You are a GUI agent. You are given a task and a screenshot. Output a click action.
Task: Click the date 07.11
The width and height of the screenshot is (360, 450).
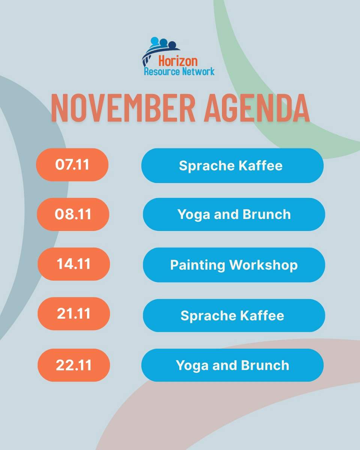[x=72, y=165]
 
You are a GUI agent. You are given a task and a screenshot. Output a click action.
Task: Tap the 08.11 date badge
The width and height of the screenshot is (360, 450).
[x=73, y=214]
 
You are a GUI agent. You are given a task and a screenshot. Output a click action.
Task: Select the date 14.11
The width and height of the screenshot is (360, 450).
[x=73, y=264]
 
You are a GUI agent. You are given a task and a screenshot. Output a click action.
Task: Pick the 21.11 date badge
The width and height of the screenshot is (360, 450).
[x=73, y=314]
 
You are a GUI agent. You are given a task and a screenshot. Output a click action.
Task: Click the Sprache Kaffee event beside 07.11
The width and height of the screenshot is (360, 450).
[x=232, y=166]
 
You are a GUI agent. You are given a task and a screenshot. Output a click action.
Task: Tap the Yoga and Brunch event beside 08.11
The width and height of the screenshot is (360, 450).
[x=234, y=214]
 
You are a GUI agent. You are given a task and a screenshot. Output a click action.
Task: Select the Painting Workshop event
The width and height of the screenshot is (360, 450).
[x=234, y=265]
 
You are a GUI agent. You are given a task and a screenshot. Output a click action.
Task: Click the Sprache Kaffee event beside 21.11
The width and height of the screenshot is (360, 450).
[x=234, y=315]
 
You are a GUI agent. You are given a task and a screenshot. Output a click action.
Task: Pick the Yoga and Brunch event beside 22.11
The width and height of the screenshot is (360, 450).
[x=232, y=365]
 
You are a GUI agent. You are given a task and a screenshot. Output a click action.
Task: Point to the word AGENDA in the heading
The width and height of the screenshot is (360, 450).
[x=256, y=108]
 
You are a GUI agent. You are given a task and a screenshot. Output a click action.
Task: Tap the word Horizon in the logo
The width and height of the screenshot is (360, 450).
[x=178, y=61]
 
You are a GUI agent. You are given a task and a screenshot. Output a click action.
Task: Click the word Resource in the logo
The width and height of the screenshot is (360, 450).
[x=162, y=71]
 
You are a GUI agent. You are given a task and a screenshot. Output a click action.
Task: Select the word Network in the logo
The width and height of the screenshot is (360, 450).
[x=198, y=71]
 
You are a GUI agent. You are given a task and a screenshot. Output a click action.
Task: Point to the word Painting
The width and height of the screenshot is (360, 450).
[x=198, y=265]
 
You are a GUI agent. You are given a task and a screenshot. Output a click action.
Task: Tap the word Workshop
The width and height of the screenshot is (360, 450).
[x=264, y=265]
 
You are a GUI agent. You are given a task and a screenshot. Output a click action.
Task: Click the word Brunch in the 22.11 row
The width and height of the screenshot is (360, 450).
[x=266, y=365]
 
